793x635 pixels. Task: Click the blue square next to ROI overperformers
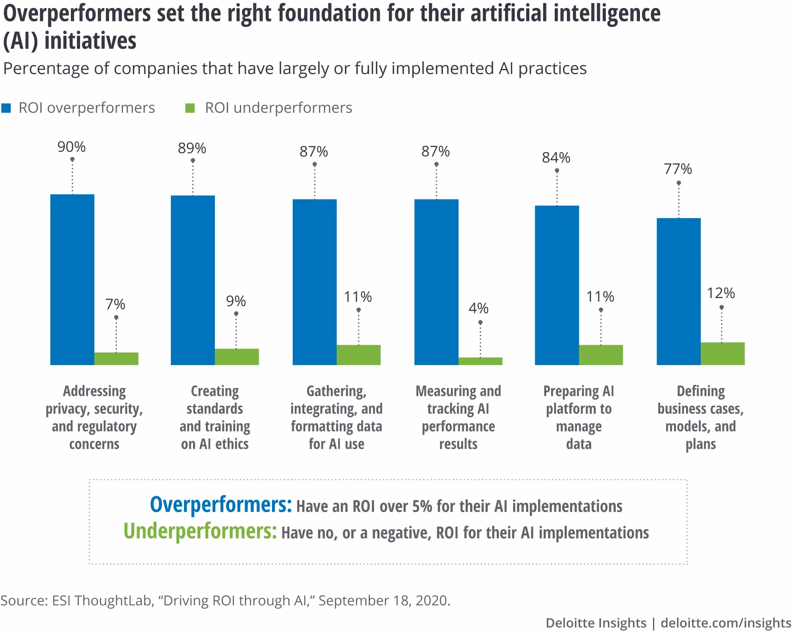click(x=6, y=108)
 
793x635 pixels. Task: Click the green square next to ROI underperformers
click(x=190, y=108)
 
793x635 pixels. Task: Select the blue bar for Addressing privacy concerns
click(x=72, y=279)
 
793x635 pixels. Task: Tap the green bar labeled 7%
click(x=116, y=358)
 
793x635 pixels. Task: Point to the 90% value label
click(x=71, y=147)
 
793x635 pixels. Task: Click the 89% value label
click(x=192, y=148)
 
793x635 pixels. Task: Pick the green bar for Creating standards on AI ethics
click(x=237, y=357)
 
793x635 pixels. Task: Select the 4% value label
click(x=478, y=308)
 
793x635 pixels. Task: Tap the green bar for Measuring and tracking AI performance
click(x=480, y=361)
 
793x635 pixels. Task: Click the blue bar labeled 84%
click(x=557, y=285)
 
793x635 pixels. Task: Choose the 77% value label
click(x=678, y=169)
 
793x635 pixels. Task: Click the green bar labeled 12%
click(x=722, y=354)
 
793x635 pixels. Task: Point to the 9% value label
click(x=236, y=301)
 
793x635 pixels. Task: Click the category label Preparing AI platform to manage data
click(x=578, y=417)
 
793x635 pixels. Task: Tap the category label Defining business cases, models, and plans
click(x=701, y=417)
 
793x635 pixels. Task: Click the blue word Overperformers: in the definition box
click(x=220, y=505)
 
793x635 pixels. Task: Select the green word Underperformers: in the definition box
click(x=200, y=531)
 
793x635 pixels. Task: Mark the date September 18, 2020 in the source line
click(x=384, y=601)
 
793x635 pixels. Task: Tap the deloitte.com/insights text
click(x=726, y=623)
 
